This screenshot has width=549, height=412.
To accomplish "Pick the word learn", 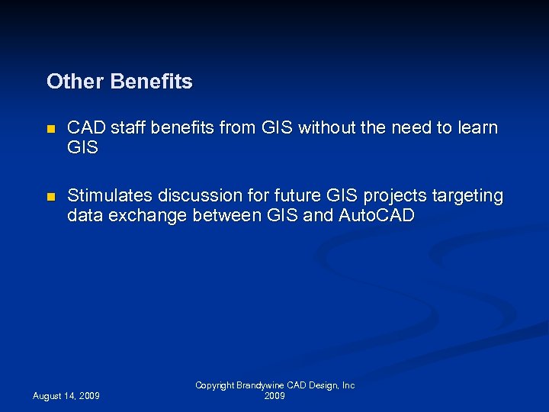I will click(x=478, y=128).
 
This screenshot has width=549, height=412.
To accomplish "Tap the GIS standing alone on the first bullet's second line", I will click(x=83, y=148).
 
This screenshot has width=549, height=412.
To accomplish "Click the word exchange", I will click(x=146, y=216).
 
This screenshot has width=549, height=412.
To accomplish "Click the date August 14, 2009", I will click(x=66, y=396).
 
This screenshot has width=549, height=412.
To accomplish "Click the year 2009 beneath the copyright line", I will click(x=274, y=397).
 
